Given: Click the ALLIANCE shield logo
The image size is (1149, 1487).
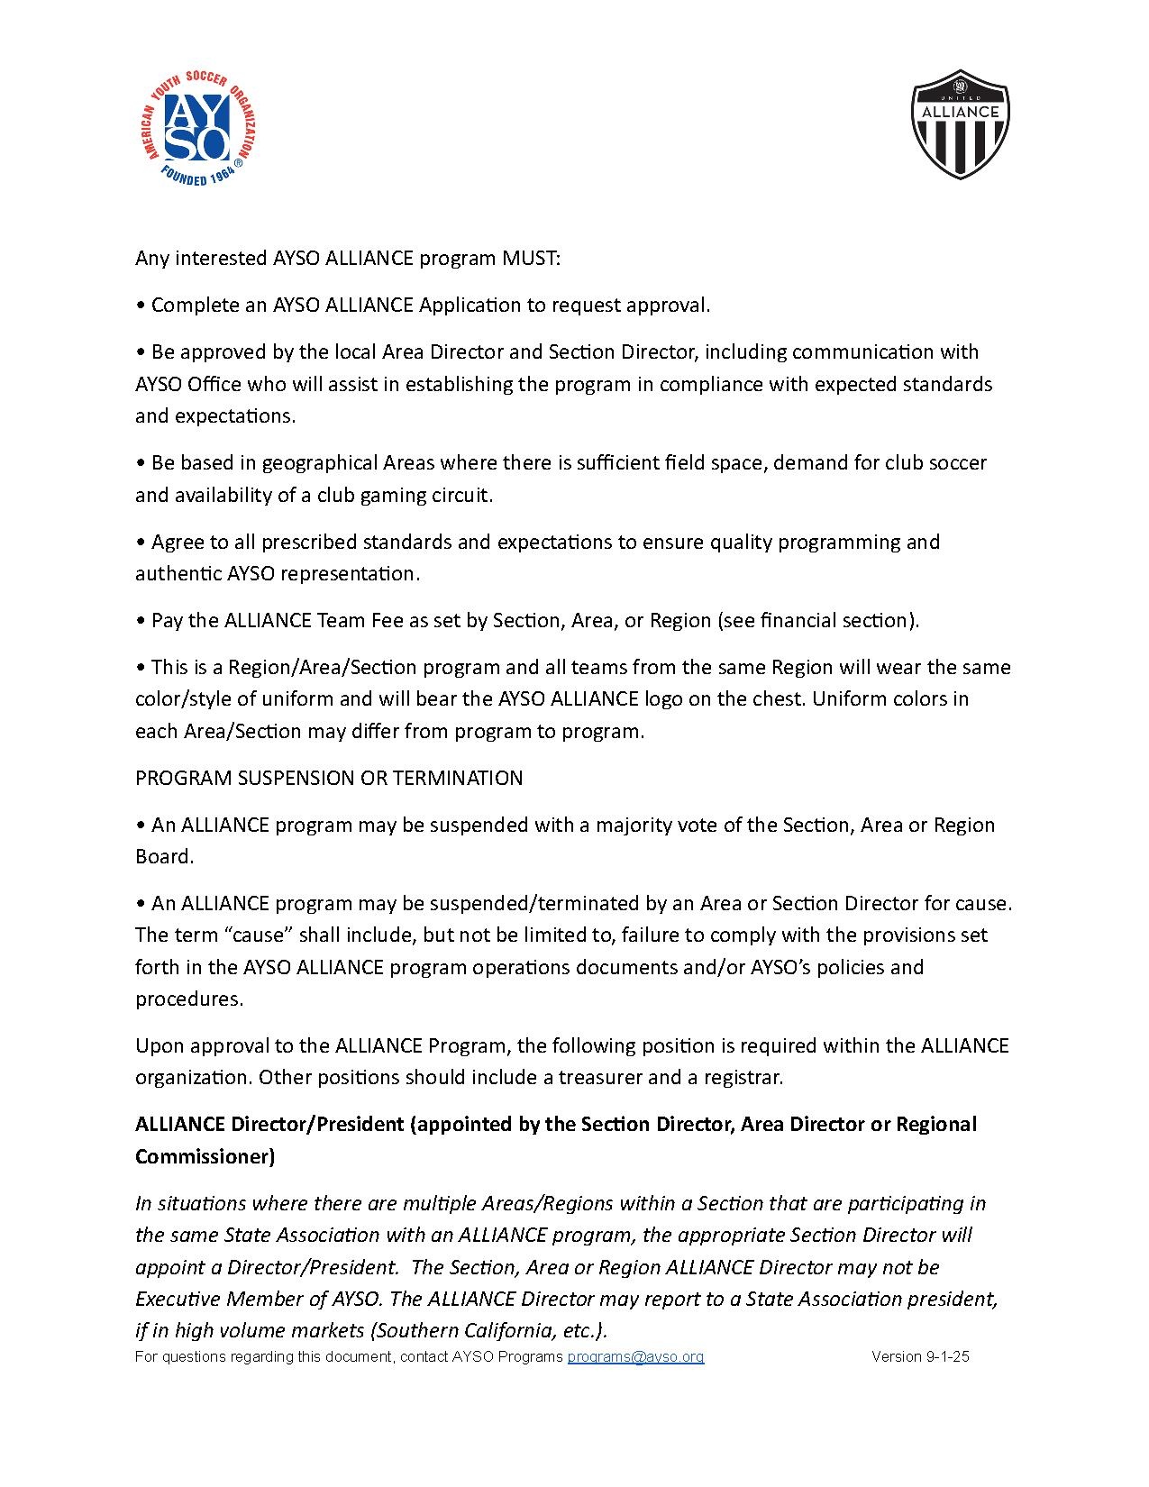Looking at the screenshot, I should click(960, 123).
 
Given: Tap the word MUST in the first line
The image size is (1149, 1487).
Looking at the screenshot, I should click(531, 259).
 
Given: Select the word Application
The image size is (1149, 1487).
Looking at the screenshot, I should click(470, 306).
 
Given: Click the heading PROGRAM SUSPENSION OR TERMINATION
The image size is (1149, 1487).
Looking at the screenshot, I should click(329, 778).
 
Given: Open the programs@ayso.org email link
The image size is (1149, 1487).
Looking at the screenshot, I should click(635, 1356).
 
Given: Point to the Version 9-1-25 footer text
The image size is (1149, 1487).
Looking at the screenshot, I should click(920, 1356).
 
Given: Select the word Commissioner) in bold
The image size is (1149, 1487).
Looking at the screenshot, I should click(205, 1156).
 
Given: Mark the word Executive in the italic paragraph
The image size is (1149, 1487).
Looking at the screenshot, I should click(178, 1299).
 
